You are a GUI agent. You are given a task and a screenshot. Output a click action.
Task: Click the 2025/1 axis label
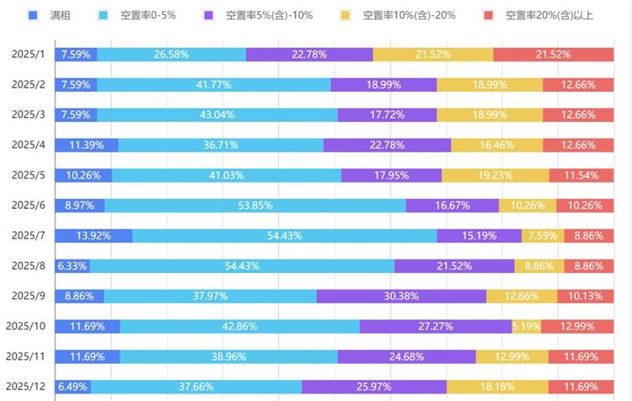click(x=27, y=55)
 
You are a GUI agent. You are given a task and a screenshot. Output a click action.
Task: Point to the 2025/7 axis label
click(x=27, y=236)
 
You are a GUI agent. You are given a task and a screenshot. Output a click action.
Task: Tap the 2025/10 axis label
click(x=24, y=326)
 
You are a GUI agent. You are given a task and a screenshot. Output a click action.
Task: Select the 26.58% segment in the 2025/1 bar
click(x=172, y=55)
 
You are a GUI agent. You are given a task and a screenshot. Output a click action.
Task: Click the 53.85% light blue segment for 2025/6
click(x=255, y=206)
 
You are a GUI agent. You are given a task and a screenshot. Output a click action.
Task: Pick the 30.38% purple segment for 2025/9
click(x=401, y=297)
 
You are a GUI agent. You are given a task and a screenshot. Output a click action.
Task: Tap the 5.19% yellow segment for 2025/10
click(x=526, y=326)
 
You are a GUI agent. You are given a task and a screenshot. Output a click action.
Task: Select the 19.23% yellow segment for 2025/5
click(x=495, y=175)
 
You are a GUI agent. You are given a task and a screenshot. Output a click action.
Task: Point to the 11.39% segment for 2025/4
click(x=87, y=145)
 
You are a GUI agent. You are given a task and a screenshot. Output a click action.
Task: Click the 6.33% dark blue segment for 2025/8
click(x=72, y=266)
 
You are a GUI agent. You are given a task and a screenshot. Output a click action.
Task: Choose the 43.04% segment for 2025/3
click(x=217, y=115)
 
